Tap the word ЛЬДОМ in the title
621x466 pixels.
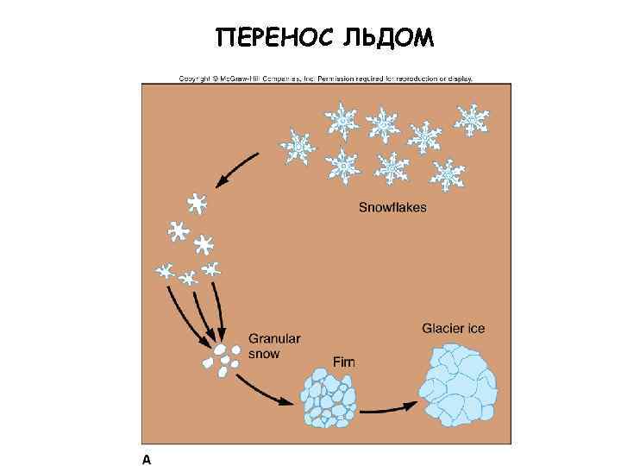tap(391, 39)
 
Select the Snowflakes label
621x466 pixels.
tap(392, 208)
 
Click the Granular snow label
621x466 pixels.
tap(274, 346)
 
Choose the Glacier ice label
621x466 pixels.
tap(454, 329)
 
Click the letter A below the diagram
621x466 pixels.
tap(147, 458)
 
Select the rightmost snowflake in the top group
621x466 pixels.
tap(470, 118)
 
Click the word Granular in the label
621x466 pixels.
tap(274, 339)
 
